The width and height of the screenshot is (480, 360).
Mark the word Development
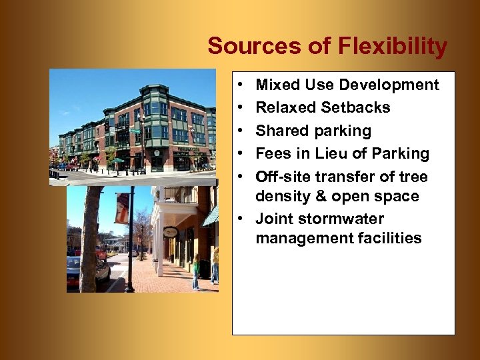[389, 85]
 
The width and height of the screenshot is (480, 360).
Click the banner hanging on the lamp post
[122, 208]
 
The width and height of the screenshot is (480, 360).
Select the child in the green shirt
[196, 271]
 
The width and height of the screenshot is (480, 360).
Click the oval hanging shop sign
[171, 232]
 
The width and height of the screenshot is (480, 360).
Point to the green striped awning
[211, 216]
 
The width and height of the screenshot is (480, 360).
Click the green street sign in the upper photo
[135, 131]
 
